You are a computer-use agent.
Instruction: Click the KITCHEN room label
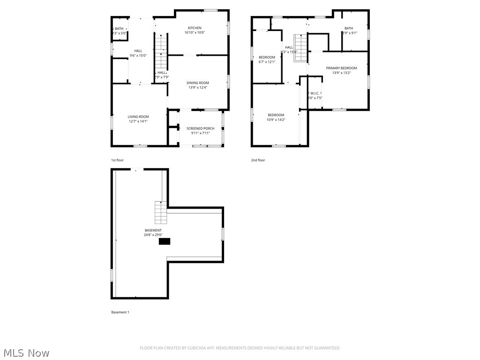click(x=195, y=28)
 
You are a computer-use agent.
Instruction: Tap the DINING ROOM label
click(x=198, y=83)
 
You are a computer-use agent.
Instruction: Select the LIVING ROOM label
click(x=138, y=117)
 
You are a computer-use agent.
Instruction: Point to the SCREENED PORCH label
click(x=200, y=128)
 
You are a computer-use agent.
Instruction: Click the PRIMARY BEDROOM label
click(x=341, y=68)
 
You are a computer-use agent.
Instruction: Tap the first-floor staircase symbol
click(x=161, y=52)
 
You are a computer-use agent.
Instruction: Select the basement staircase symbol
click(x=161, y=212)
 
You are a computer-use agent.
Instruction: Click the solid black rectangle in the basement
click(x=165, y=241)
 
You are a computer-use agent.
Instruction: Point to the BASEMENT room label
click(x=153, y=230)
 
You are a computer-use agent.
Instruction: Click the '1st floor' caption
click(x=117, y=160)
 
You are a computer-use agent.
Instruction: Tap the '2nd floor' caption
click(x=258, y=160)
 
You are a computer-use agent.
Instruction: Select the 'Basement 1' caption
click(x=120, y=312)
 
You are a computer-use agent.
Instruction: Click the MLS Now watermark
click(x=26, y=352)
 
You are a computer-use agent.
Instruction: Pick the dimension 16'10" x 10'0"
click(x=195, y=33)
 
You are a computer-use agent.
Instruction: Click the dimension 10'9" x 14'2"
click(x=276, y=120)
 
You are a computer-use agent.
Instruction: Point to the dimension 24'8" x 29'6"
click(x=153, y=235)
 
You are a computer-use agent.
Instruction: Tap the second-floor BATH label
click(x=349, y=28)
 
